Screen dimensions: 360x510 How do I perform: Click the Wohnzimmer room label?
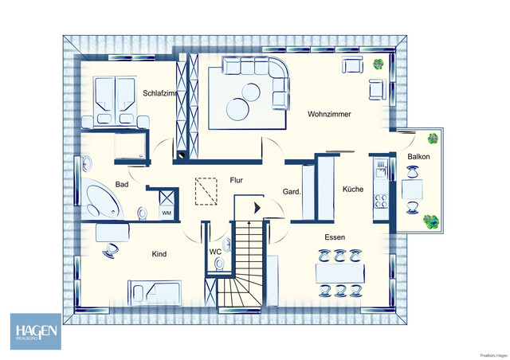click(329, 115)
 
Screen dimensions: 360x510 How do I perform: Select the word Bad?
click(122, 185)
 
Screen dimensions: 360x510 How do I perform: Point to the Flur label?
click(237, 180)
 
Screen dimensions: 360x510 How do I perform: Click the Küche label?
click(353, 190)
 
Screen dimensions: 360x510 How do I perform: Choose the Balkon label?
click(418, 157)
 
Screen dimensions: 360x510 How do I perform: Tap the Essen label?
click(334, 238)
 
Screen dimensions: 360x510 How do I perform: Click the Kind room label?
click(159, 254)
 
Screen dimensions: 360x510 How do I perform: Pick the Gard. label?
click(292, 192)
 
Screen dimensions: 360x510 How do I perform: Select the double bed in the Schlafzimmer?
click(116, 103)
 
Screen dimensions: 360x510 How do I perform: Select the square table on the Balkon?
click(412, 190)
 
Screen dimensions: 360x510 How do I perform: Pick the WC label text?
click(215, 252)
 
